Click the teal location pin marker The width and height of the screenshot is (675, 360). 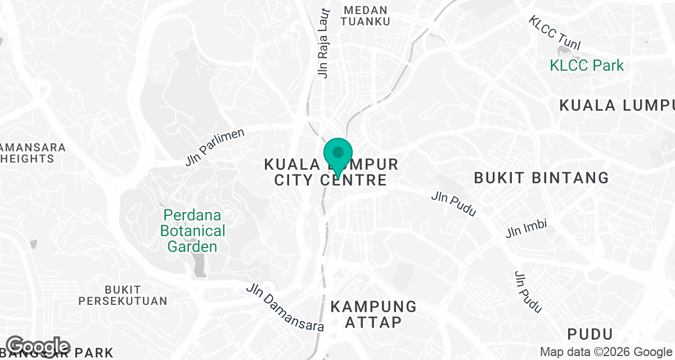(337, 154)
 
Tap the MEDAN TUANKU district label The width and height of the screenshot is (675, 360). (366, 16)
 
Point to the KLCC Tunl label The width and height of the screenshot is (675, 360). (554, 33)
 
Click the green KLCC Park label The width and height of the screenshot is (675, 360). (587, 65)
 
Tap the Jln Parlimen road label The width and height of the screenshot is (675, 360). (215, 147)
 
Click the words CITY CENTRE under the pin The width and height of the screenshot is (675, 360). (330, 180)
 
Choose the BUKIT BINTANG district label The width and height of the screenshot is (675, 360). (541, 178)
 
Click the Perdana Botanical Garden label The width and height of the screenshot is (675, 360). (193, 231)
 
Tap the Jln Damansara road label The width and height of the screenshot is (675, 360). (285, 307)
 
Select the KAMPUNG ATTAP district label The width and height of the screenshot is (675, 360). (373, 314)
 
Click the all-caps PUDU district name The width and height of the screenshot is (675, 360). (589, 334)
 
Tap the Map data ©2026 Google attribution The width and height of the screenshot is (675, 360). (606, 352)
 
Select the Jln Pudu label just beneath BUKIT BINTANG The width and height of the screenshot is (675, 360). (454, 204)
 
